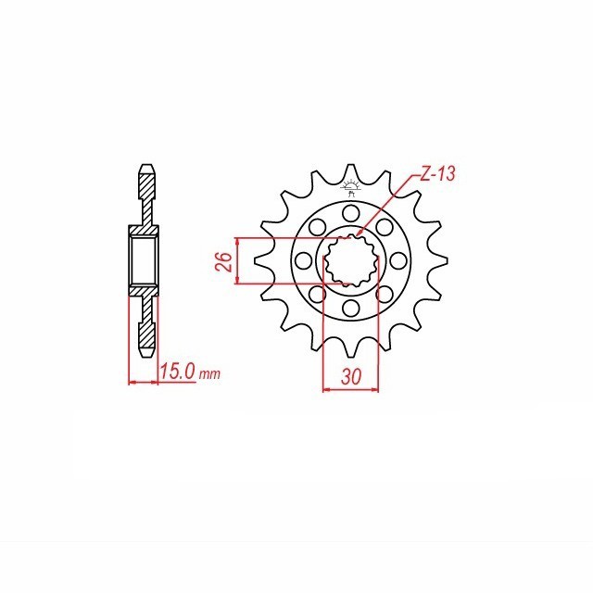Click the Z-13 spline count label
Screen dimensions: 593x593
pyautogui.click(x=436, y=174)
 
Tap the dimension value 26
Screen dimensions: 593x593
pyautogui.click(x=226, y=261)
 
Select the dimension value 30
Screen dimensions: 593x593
pyautogui.click(x=351, y=376)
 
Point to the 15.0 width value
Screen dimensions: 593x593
pyautogui.click(x=178, y=372)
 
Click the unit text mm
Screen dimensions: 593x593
pyautogui.click(x=209, y=374)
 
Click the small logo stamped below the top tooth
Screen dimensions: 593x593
pyautogui.click(x=351, y=188)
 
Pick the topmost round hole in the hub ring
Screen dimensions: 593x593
pyautogui.click(x=351, y=213)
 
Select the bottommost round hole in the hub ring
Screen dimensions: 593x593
pyautogui.click(x=351, y=309)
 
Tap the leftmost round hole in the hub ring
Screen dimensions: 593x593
pyautogui.click(x=303, y=260)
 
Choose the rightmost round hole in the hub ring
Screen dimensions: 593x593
pyautogui.click(x=398, y=260)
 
